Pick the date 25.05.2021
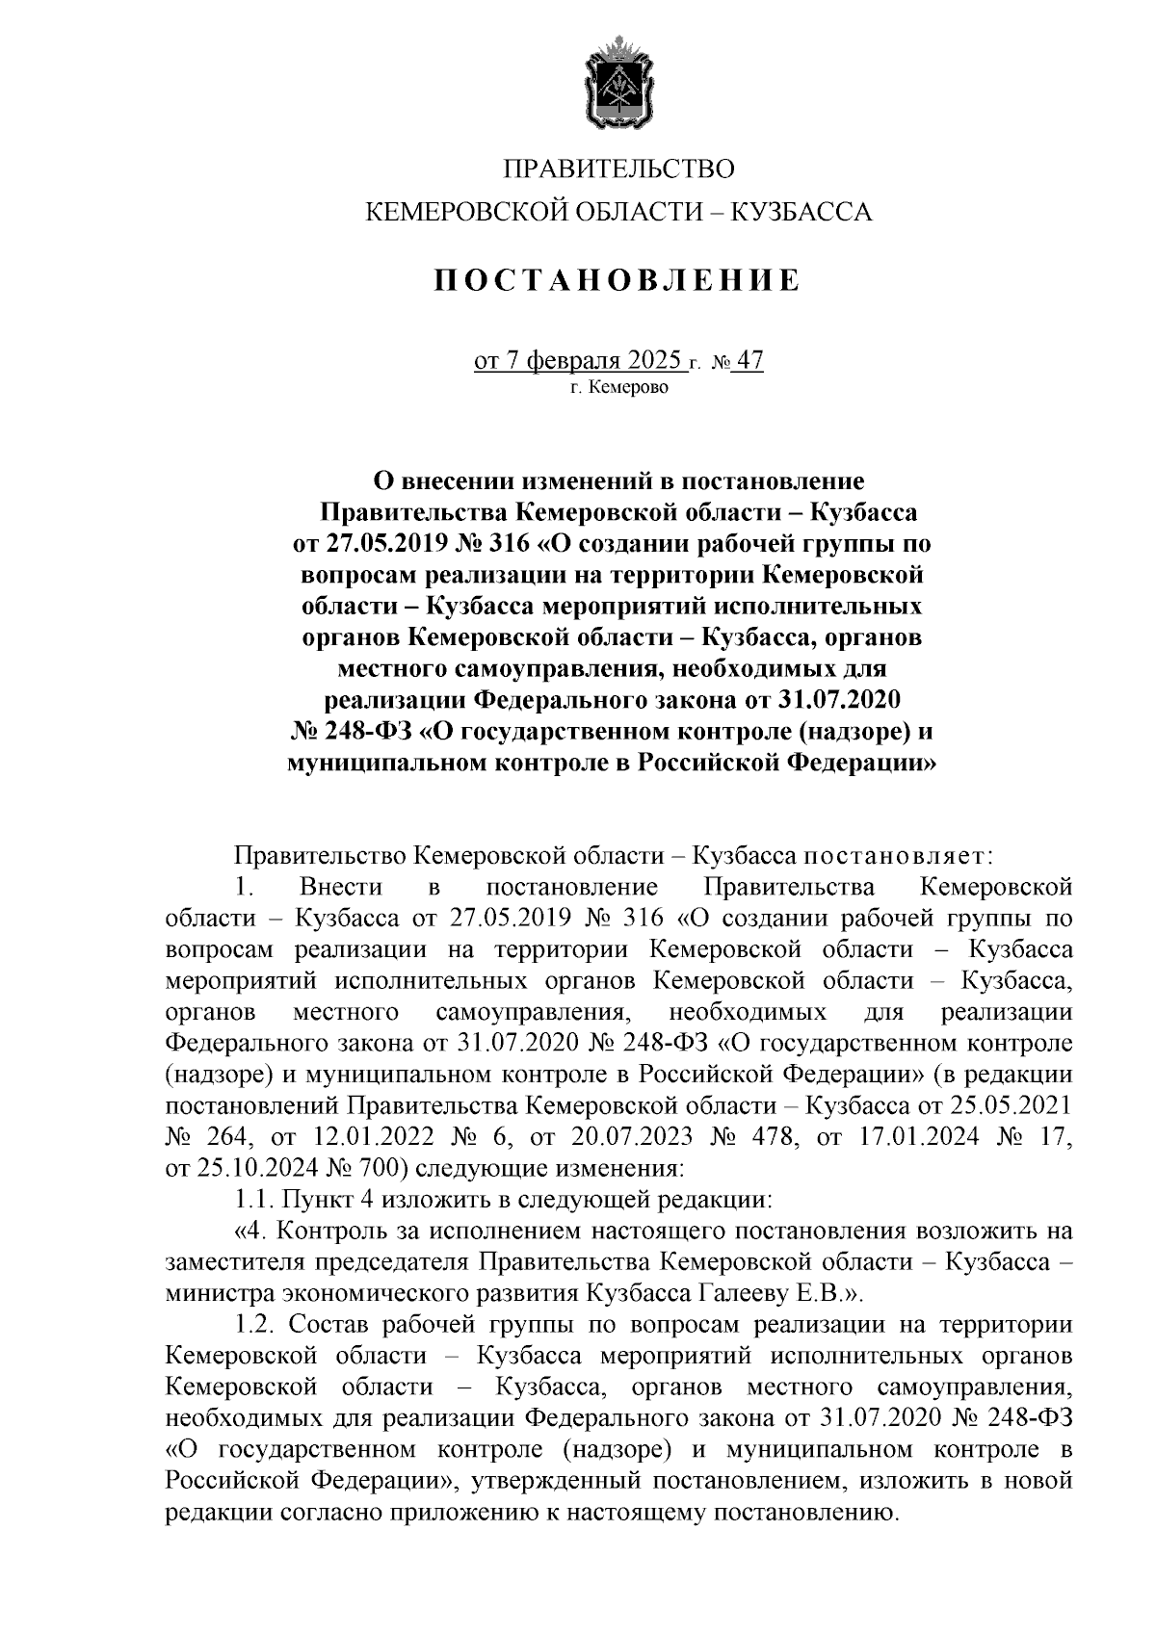(x=1011, y=1106)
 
